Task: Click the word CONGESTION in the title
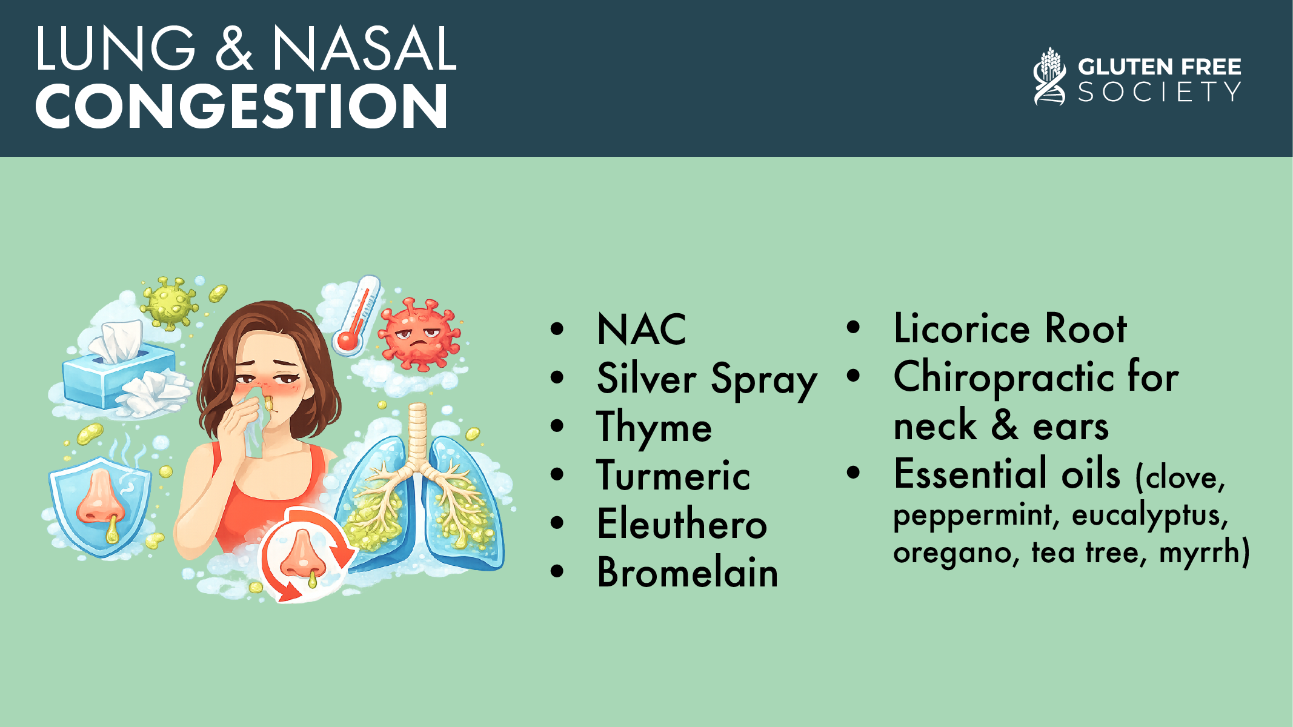click(x=241, y=106)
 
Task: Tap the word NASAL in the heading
click(x=364, y=49)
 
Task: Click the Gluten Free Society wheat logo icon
click(x=1049, y=76)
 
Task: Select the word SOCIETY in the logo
click(x=1159, y=92)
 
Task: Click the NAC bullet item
click(x=641, y=330)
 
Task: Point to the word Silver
click(x=646, y=378)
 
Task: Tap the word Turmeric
click(x=674, y=475)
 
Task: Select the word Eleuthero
click(x=682, y=523)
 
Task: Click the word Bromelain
click(x=688, y=572)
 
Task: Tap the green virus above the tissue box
click(x=169, y=302)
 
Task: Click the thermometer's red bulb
click(x=348, y=341)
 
